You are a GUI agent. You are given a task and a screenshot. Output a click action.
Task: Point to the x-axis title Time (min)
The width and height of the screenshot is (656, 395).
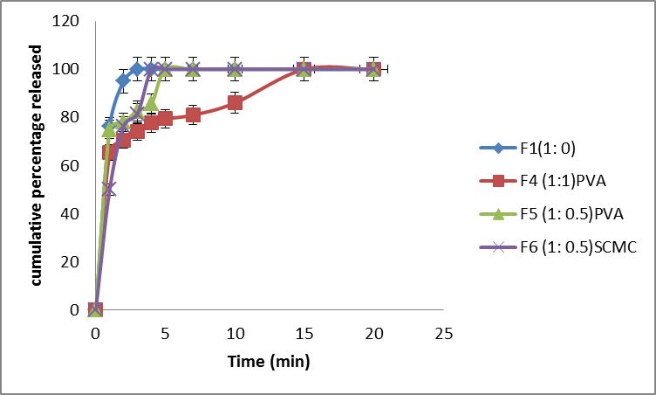pyautogui.click(x=269, y=360)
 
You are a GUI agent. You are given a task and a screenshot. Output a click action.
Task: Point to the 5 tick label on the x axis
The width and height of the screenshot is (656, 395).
pyautogui.click(x=165, y=333)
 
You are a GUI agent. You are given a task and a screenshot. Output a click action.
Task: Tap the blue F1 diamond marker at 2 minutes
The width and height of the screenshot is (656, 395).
pyautogui.click(x=124, y=80)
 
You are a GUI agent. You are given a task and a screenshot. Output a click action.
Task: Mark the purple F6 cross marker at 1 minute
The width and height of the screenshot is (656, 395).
pyautogui.click(x=109, y=188)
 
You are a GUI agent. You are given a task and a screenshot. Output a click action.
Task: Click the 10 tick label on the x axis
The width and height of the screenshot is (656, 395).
pyautogui.click(x=235, y=333)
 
